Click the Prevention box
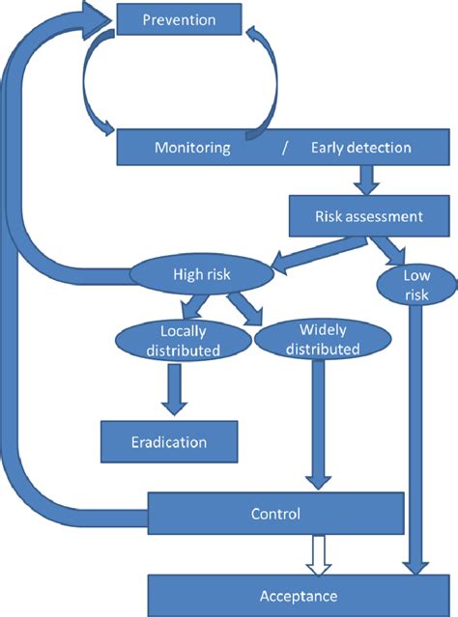coord(179,19)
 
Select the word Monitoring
coord(192,148)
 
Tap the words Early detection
coord(361,148)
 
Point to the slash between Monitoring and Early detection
coord(285,148)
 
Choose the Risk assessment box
coord(369,216)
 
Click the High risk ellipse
coord(202,274)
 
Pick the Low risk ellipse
coord(416,285)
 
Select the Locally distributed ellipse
coord(184,341)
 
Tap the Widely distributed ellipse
coord(323,339)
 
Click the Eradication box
coord(169,442)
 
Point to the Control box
coord(275,514)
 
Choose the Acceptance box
coord(299,596)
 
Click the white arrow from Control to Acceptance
coord(319,555)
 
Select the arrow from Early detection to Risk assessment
coord(366,181)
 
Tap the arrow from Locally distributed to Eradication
coord(174,389)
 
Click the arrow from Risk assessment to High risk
coord(319,256)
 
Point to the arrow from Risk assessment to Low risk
coord(386,251)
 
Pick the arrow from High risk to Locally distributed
coord(192,306)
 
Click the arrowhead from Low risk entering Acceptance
coord(415,568)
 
